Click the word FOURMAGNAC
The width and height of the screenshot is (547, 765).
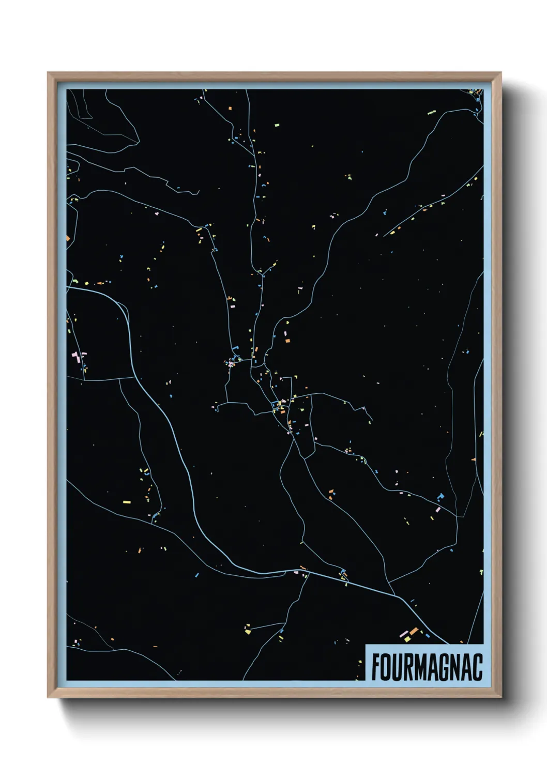(x=427, y=667)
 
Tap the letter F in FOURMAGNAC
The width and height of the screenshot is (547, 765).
(x=376, y=667)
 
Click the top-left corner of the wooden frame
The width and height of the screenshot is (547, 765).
(x=49, y=73)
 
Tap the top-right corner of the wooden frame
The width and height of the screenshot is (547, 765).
(x=500, y=73)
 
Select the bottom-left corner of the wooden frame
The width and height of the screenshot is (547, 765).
(x=49, y=696)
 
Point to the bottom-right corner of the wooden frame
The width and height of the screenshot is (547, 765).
(x=500, y=696)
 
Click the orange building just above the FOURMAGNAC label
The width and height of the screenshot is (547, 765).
(x=414, y=631)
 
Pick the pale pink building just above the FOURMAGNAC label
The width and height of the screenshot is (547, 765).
(x=404, y=634)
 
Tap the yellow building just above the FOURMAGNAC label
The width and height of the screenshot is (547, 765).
(x=407, y=639)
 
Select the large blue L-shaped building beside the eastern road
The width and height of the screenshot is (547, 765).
(x=440, y=497)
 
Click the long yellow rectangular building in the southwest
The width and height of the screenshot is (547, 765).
(x=127, y=502)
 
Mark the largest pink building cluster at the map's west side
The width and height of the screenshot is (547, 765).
(x=77, y=356)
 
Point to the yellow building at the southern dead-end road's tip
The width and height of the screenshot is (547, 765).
(x=248, y=631)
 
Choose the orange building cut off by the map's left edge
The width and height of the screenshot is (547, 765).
(x=68, y=238)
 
